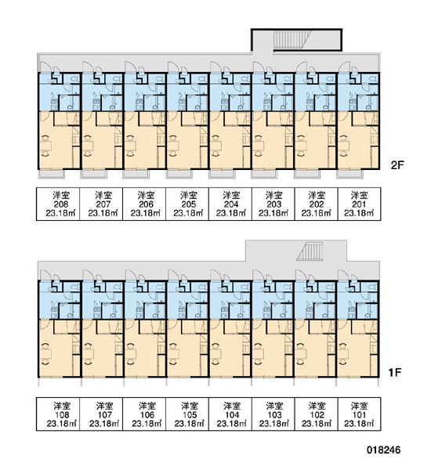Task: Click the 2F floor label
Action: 397,165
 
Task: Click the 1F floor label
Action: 395,373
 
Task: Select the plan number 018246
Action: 384,450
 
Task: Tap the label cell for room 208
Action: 58,204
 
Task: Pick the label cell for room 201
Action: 360,204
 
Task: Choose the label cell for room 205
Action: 187,204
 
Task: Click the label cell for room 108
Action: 58,414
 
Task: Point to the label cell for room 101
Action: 360,414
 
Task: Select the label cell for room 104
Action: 230,414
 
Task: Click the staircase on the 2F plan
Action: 288,39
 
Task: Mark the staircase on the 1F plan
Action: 310,251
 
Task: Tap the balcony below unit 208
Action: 51,175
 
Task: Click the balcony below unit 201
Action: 350,175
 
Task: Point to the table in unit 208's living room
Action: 45,146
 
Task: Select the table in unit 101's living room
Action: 344,354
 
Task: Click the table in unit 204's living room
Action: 216,146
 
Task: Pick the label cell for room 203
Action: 273,204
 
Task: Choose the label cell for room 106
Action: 144,414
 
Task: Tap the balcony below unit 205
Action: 179,175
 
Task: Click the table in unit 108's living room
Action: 45,354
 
